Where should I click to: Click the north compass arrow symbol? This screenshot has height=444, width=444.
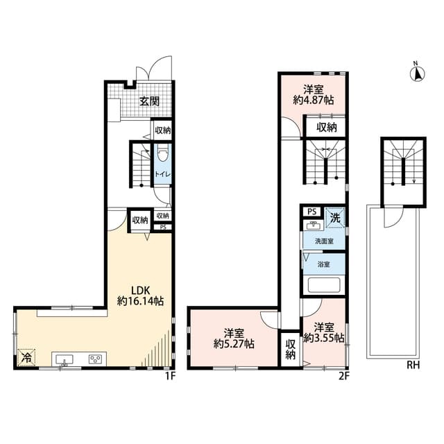point(416,74)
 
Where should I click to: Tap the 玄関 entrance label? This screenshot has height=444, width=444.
point(149,101)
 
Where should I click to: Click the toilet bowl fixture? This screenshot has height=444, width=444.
point(163,154)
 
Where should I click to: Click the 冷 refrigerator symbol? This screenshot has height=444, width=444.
point(26,357)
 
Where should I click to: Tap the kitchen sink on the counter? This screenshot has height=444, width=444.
point(65,359)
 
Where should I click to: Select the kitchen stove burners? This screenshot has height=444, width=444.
point(95,359)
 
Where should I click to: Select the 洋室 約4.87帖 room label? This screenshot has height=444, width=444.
point(314,94)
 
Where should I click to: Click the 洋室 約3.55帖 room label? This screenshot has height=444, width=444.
point(325,333)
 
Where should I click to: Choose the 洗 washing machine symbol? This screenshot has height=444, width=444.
point(334,216)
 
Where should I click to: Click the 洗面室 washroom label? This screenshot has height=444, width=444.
point(324,241)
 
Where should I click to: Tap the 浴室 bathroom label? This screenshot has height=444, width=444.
point(324,264)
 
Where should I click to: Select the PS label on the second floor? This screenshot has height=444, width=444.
point(311,212)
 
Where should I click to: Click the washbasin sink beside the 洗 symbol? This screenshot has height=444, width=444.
point(312,225)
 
